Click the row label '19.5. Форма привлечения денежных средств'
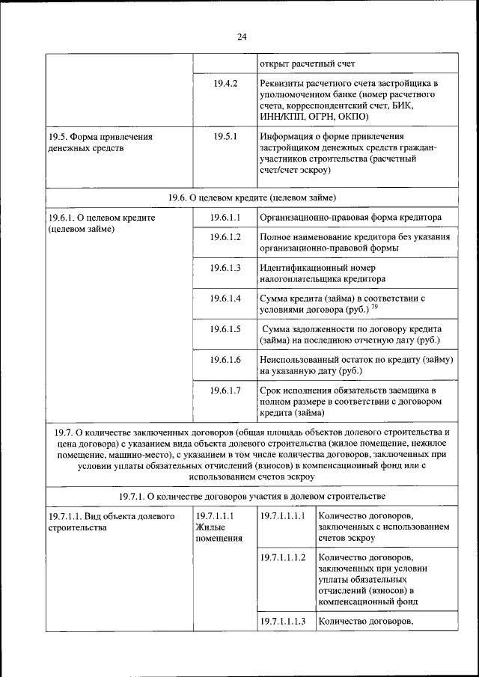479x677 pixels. pyautogui.click(x=100, y=142)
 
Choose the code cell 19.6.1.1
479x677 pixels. pyautogui.click(x=225, y=217)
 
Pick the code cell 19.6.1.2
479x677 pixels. pyautogui.click(x=225, y=237)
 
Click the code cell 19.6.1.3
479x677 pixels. pyautogui.click(x=225, y=268)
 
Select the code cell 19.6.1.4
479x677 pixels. pyautogui.click(x=225, y=298)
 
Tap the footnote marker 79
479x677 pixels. pyautogui.click(x=374, y=307)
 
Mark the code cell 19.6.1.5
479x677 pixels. pyautogui.click(x=225, y=329)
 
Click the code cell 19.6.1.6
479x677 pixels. pyautogui.click(x=225, y=360)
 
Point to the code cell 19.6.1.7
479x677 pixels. pyautogui.click(x=225, y=390)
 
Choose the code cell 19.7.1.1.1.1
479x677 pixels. pyautogui.click(x=283, y=516)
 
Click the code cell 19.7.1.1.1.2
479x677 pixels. pyautogui.click(x=283, y=557)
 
